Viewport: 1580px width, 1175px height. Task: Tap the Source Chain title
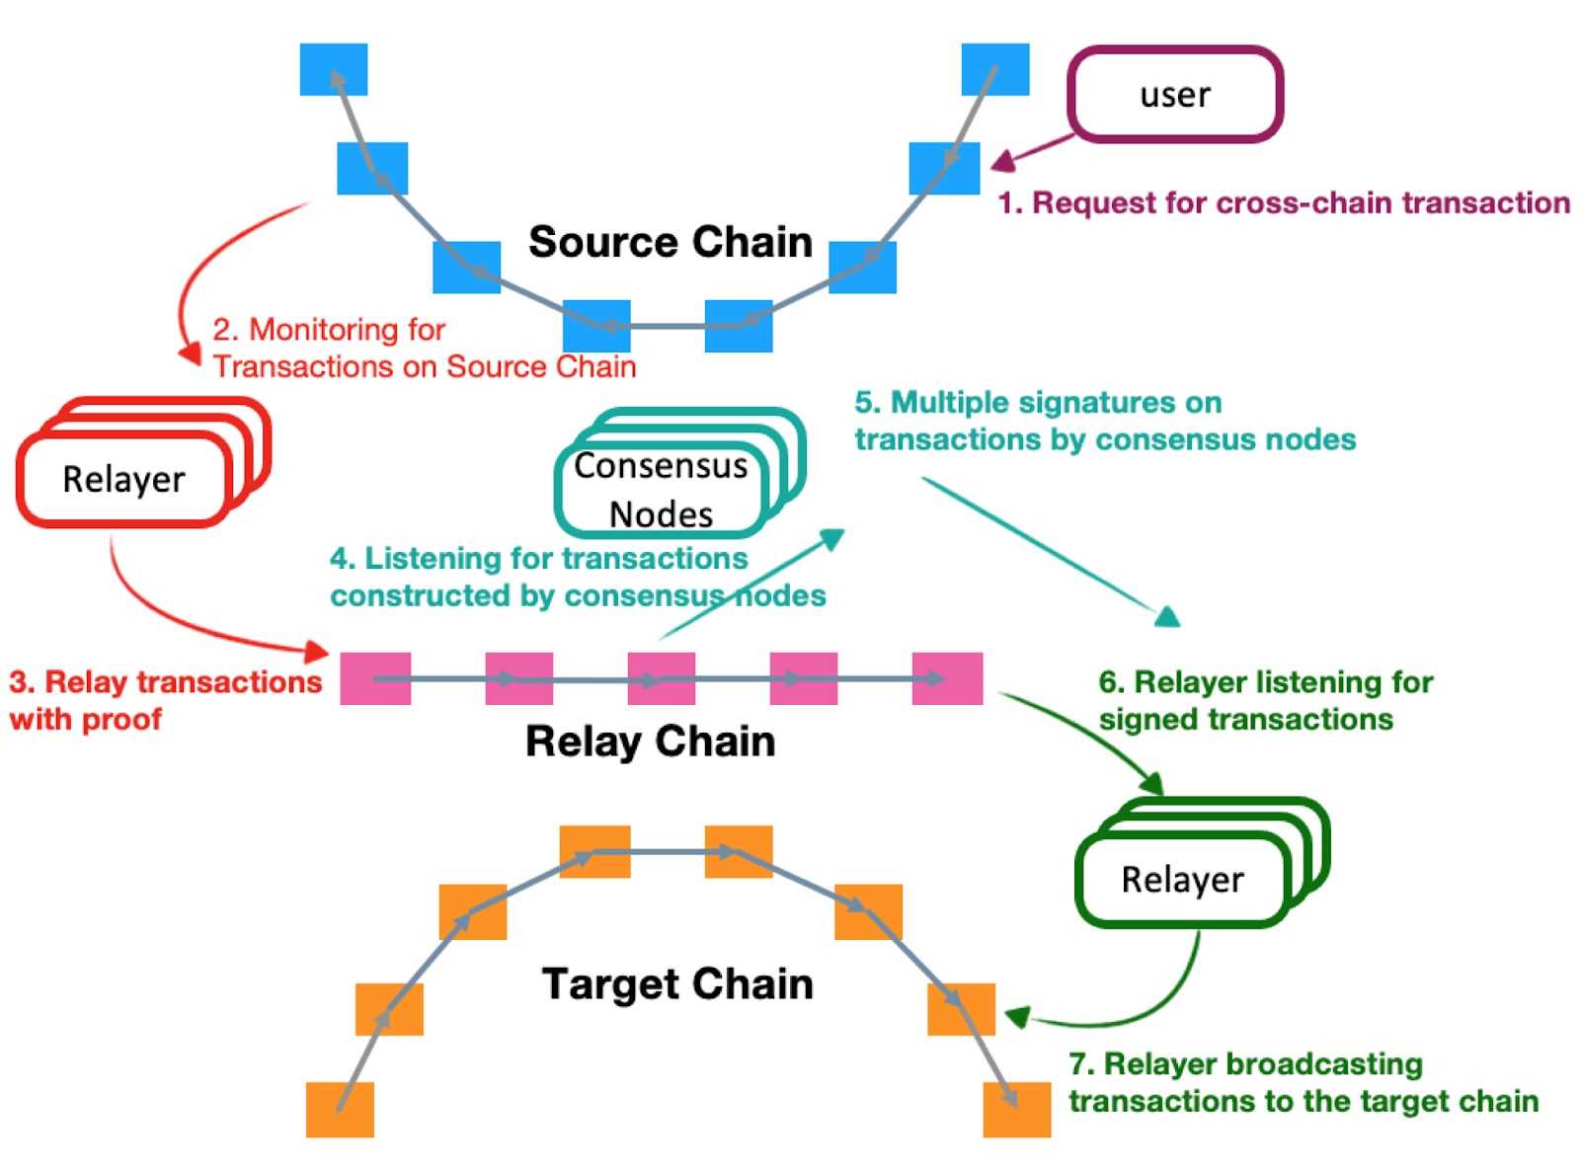[671, 242]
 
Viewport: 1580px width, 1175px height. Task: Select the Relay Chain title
[650, 742]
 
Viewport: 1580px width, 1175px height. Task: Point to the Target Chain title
[677, 984]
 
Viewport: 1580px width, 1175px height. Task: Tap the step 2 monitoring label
[424, 349]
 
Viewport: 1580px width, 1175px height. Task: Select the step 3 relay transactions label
[165, 700]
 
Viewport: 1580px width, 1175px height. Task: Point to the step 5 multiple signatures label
[1105, 421]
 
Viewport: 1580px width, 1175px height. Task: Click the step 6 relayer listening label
[1266, 700]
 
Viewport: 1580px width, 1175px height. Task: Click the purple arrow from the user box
[1033, 152]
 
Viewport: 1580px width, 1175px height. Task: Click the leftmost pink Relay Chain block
[375, 678]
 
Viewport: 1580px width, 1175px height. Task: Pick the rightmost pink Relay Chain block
[947, 678]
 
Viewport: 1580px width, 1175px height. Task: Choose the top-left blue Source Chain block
[334, 69]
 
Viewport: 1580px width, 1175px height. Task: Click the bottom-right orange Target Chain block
[1016, 1110]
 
